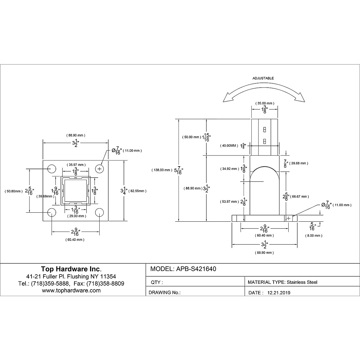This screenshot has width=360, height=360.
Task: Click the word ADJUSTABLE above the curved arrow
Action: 263,78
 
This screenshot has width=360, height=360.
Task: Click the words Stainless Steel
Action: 302,282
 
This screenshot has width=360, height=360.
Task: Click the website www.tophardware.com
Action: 71,290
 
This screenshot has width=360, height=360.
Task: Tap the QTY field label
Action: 156,282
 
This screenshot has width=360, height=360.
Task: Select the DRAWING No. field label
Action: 164,293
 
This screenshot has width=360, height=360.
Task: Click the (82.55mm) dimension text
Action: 137,191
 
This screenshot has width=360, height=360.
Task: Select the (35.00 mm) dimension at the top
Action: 264,103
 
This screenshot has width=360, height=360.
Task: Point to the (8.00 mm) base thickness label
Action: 313,235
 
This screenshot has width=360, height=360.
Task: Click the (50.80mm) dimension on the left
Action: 13,191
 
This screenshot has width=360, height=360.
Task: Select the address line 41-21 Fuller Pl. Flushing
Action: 71,276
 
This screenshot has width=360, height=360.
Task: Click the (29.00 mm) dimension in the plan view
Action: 76,216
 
